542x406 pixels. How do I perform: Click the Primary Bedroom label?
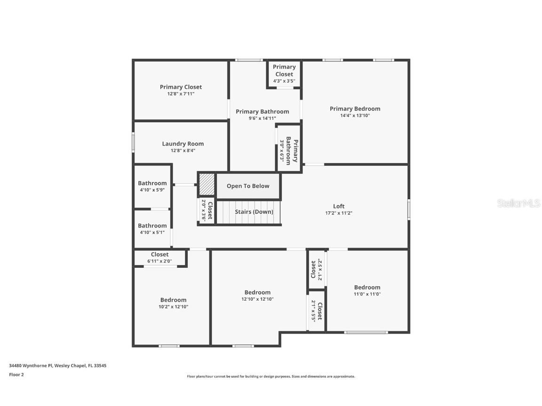point(355,109)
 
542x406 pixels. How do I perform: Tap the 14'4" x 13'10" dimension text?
point(355,116)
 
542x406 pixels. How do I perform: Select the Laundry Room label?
point(183,144)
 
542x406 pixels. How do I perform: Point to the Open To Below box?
point(248,186)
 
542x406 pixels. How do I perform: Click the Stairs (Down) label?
point(254,212)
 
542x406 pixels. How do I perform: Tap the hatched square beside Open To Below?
point(207,185)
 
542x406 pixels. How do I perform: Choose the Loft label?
point(339,206)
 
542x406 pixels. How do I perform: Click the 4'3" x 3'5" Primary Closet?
point(284,74)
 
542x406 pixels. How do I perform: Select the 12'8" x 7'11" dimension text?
point(181,94)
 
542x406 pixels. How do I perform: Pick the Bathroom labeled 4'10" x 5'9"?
point(152,186)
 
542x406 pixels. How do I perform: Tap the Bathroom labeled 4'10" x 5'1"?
point(152,228)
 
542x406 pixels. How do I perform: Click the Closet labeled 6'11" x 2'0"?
point(159,258)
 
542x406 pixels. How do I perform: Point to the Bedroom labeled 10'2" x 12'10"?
point(173,303)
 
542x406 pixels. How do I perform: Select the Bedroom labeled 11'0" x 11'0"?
point(367,290)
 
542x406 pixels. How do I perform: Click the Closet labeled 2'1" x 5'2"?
point(316,270)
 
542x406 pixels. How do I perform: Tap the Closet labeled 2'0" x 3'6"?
point(207,211)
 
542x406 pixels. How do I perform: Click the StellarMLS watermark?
point(519,203)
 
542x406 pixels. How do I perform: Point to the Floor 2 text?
point(16,375)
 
